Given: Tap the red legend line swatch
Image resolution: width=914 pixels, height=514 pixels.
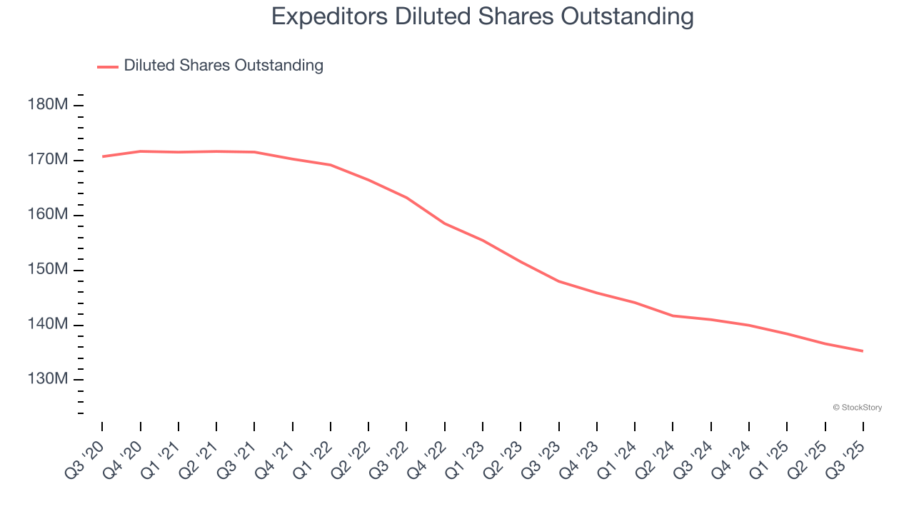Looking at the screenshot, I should coord(108,66).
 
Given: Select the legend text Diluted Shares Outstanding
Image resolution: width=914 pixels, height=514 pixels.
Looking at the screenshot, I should coord(224,66).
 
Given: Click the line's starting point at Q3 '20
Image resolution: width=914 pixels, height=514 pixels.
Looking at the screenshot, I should coord(102,156).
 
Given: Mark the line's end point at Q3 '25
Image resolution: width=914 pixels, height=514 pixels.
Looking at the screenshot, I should coord(863,351).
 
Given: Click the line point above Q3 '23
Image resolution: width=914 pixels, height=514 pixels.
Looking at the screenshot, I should coord(559,281).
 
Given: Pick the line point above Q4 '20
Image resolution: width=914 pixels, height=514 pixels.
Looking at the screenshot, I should coord(140,151).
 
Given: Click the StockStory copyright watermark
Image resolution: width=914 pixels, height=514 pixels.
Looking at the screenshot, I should coord(857,408).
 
